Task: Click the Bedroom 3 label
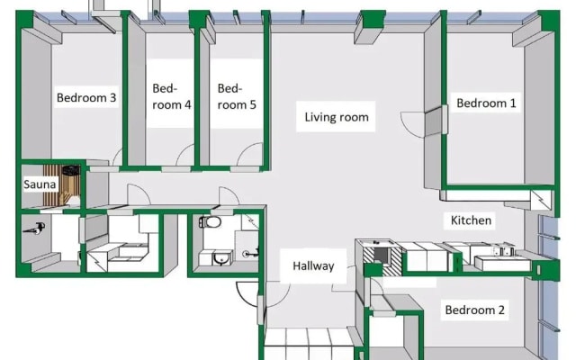pos(86,98)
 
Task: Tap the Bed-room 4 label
pos(172,96)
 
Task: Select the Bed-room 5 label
pos(237,96)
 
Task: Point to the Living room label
pos(337,117)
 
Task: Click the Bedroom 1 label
pos(486,103)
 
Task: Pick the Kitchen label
pos(471,220)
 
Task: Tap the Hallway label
pos(313,266)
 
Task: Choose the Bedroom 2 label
pos(474,310)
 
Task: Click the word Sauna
pos(40,184)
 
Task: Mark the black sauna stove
pos(71,170)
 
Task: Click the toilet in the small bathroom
pos(210,222)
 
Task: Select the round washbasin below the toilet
pos(220,258)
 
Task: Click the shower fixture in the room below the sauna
pos(34,229)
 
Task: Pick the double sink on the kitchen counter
pos(503,252)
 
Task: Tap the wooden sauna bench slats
pos(51,185)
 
